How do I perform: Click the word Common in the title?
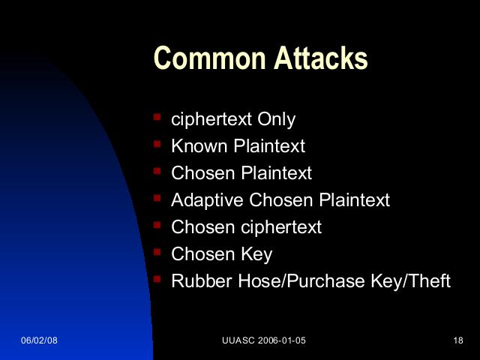click(209, 58)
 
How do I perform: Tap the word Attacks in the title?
click(320, 58)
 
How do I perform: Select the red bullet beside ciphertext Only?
click(157, 117)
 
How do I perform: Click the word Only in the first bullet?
click(276, 119)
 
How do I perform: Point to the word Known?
click(200, 145)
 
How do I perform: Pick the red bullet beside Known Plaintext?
click(157, 144)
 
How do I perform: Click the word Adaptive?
click(207, 201)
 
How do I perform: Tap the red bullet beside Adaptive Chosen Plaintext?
click(157, 198)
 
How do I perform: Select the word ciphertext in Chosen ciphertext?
click(281, 227)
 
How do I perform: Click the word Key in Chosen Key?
click(256, 255)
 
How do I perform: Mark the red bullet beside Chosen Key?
click(157, 252)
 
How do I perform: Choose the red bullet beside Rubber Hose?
click(157, 279)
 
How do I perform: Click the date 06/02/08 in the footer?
click(39, 340)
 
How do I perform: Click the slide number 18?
click(458, 340)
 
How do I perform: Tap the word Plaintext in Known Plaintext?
click(270, 145)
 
